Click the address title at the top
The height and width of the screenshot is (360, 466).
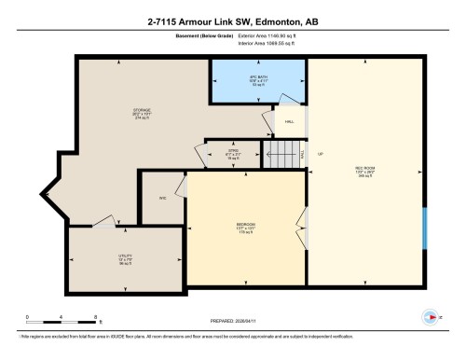[232, 21]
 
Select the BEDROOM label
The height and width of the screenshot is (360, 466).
[246, 226]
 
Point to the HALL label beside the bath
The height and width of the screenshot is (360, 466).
[289, 122]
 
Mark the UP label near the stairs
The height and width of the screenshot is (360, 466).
[320, 154]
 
